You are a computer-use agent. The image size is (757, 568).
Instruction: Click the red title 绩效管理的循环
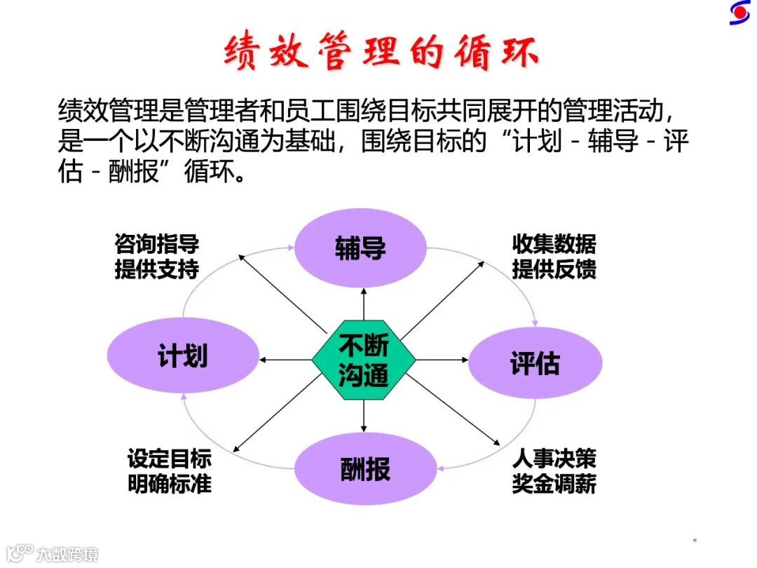[x=381, y=53]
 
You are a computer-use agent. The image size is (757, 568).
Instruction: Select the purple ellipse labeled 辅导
[x=360, y=248]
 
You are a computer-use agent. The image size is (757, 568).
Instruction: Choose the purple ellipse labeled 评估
[x=535, y=363]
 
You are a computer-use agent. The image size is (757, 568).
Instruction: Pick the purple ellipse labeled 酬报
[x=364, y=468]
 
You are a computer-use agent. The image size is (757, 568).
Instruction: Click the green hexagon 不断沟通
[x=364, y=360]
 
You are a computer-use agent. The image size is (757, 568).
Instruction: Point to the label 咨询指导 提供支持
[x=156, y=257]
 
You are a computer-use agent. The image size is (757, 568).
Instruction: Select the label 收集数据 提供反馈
[x=554, y=257]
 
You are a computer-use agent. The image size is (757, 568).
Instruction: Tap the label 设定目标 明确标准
[x=169, y=471]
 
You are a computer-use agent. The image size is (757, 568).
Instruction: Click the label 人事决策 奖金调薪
[x=554, y=471]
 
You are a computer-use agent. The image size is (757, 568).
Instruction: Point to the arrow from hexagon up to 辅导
[x=364, y=304]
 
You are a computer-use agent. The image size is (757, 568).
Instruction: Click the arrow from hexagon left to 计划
[x=285, y=360]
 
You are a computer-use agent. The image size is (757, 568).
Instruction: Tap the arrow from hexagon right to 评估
[x=442, y=360]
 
